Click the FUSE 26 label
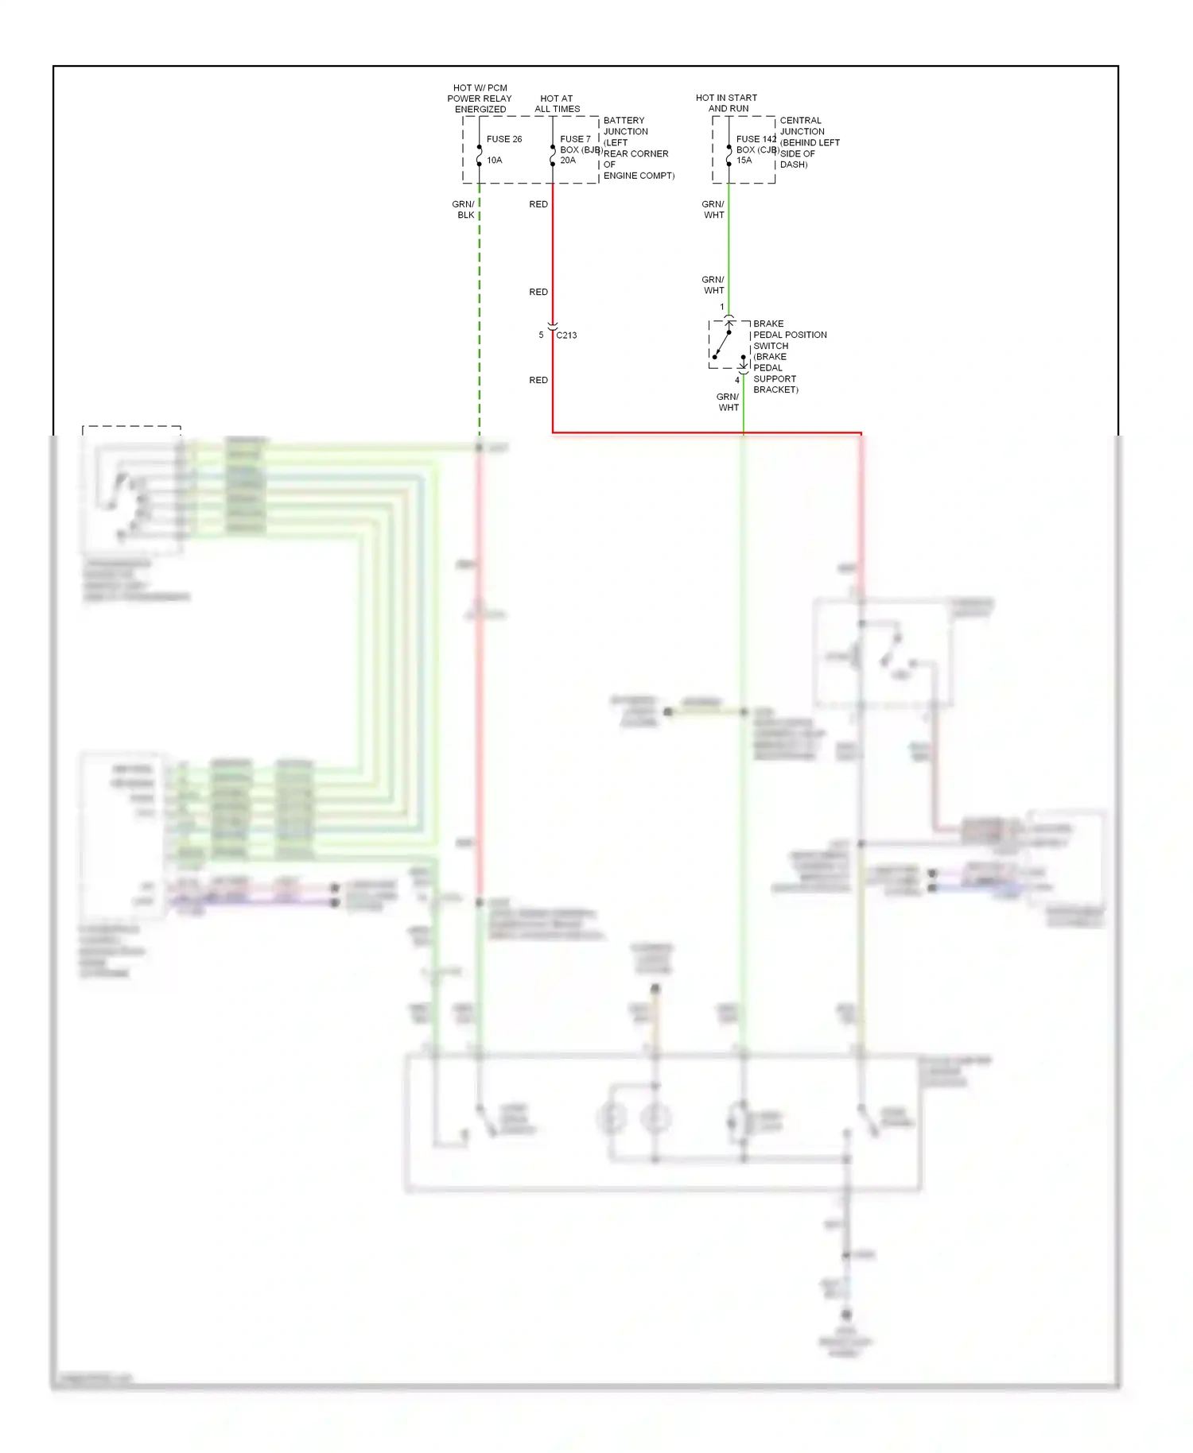[504, 139]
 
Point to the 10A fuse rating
[495, 161]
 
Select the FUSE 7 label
[575, 139]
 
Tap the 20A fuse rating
[568, 161]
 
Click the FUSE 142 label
[756, 139]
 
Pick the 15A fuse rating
[744, 161]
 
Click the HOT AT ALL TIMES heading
[557, 104]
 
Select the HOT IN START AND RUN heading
[727, 103]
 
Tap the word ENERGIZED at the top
[480, 110]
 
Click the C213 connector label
[567, 335]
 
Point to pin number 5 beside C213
[541, 335]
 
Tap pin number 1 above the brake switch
[722, 308]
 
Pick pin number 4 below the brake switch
[737, 381]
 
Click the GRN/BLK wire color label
[464, 210]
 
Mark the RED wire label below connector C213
[538, 381]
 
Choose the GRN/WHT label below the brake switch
[728, 402]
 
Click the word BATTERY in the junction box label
[624, 121]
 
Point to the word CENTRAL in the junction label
[801, 121]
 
